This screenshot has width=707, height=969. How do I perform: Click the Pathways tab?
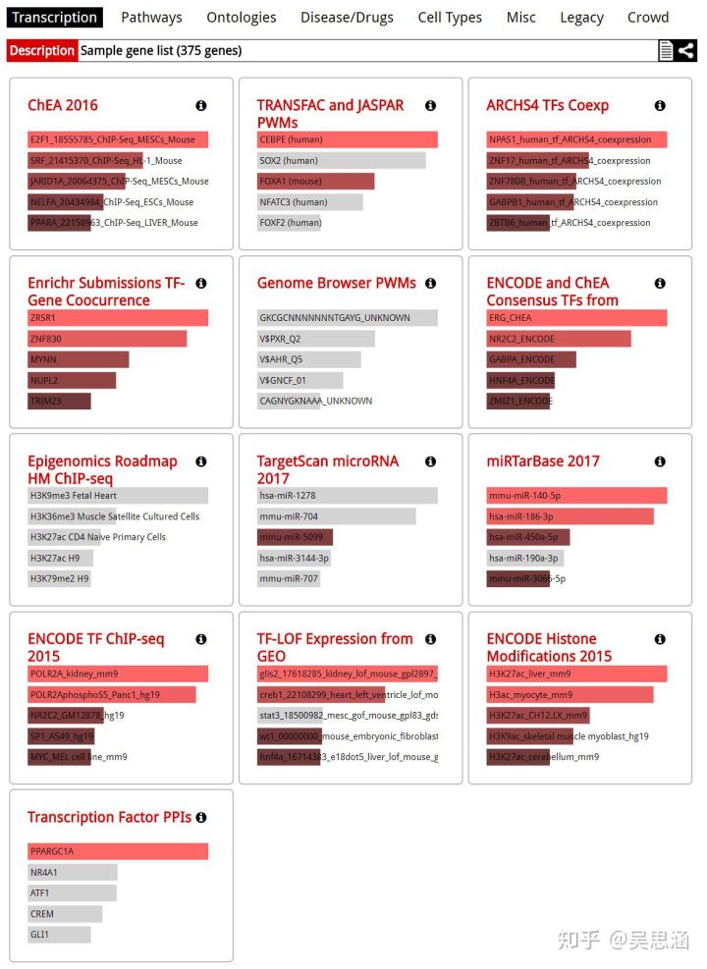(x=151, y=17)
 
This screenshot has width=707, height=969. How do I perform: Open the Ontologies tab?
(x=241, y=17)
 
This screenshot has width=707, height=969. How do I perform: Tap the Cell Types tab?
(x=450, y=17)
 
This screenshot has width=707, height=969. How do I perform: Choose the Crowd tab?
(x=648, y=17)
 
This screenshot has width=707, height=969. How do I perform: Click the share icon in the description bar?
(x=686, y=50)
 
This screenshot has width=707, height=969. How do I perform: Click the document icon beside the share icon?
(x=666, y=50)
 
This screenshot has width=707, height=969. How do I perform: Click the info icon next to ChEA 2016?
(x=201, y=105)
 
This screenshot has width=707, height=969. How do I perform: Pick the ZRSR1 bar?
(x=118, y=318)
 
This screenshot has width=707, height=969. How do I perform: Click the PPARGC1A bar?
(x=118, y=851)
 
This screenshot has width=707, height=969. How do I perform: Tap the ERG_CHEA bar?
(x=576, y=318)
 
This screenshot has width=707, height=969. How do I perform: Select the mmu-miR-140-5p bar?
(x=576, y=496)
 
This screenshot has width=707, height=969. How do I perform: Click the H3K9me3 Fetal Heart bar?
(x=118, y=496)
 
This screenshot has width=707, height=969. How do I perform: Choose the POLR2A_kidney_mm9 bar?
(x=118, y=673)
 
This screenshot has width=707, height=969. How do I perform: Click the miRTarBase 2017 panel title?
(x=542, y=461)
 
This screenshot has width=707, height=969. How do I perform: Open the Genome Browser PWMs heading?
(x=336, y=283)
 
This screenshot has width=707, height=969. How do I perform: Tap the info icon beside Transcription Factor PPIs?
(x=201, y=817)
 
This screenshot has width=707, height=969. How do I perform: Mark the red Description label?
(x=42, y=50)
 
